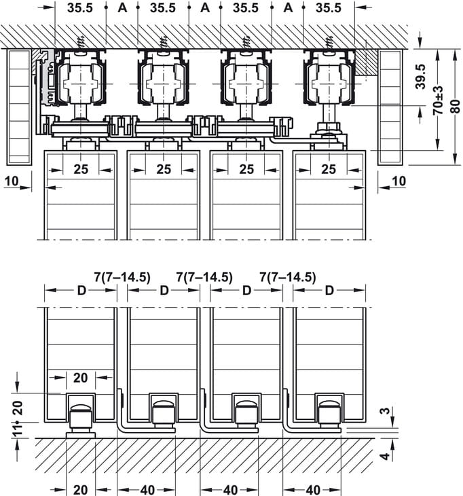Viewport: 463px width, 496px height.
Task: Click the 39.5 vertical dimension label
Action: [421, 77]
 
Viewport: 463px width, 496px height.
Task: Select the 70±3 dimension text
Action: [438, 101]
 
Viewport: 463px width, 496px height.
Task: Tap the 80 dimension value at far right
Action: [456, 106]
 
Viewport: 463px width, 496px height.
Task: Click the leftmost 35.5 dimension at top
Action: [80, 7]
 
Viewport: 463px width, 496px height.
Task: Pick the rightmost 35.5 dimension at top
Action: [329, 7]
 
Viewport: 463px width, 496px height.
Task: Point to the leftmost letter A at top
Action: [122, 7]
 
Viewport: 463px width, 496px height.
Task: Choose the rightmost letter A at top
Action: [288, 7]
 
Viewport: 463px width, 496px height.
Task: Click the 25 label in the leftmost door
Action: [81, 169]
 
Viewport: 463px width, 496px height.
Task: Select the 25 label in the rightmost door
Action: [329, 169]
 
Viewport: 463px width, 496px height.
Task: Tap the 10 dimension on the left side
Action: [12, 181]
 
